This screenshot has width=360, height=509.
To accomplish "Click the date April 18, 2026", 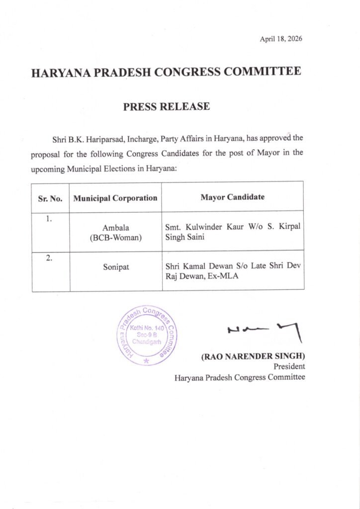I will [281, 39].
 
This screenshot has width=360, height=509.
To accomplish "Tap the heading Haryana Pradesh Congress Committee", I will [166, 72].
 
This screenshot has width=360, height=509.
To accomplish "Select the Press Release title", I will [167, 106].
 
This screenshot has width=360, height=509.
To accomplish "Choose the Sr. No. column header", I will [50, 198].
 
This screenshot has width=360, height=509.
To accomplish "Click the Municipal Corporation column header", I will [115, 198].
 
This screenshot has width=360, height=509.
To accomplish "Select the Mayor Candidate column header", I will [232, 197].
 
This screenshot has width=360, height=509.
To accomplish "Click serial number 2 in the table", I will [49, 257].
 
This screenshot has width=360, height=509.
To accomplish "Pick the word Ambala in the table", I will [116, 228].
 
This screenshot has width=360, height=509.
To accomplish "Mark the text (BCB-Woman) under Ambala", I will [116, 238].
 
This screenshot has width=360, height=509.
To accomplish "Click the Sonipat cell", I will [116, 267].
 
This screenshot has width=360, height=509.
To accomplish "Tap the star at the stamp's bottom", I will [146, 361].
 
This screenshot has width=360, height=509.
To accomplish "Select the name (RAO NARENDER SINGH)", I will [253, 356].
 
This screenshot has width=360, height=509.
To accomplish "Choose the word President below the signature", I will [289, 367].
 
